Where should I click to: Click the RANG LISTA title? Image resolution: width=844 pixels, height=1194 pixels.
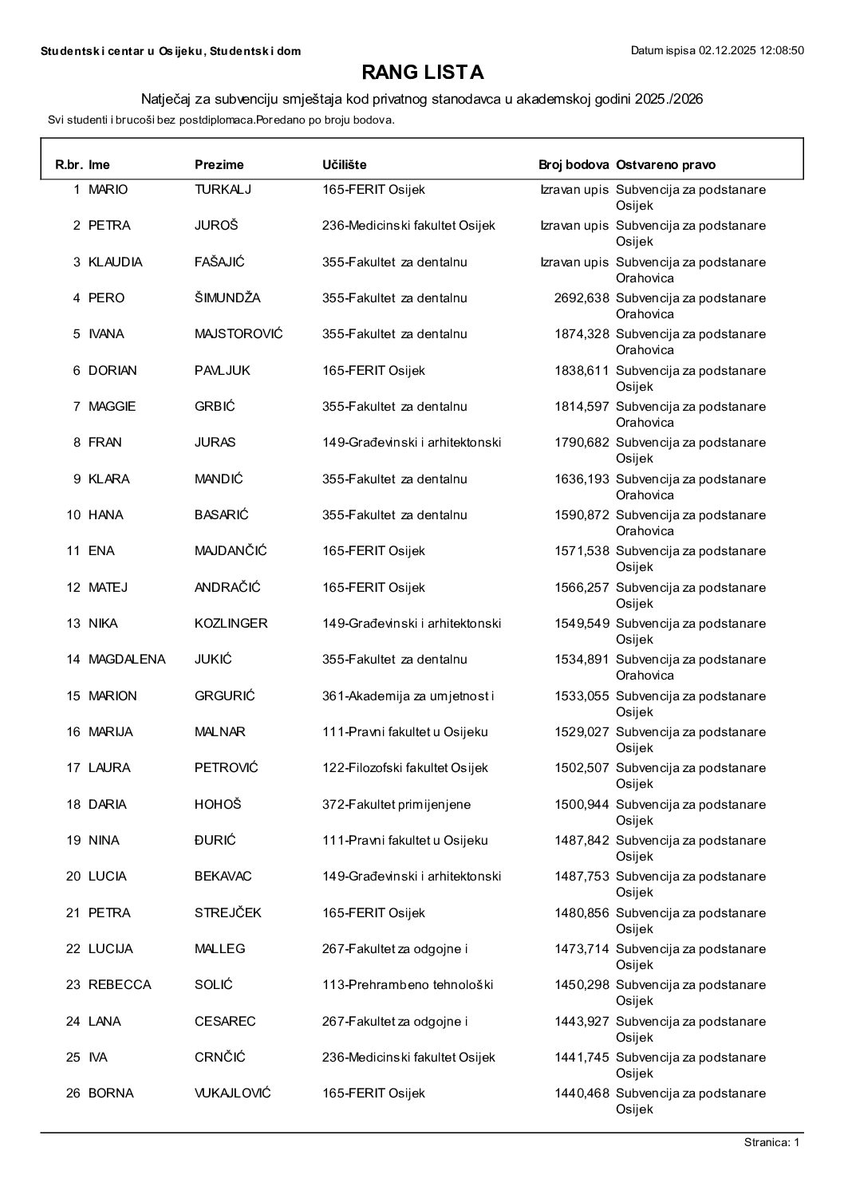click(x=422, y=73)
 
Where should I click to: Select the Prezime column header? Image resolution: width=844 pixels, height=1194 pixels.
click(x=219, y=165)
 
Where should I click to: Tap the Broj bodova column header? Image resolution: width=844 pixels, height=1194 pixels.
click(x=574, y=165)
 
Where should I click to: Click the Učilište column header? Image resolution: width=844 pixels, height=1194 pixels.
click(x=344, y=165)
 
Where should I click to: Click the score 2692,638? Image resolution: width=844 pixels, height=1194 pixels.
click(x=582, y=298)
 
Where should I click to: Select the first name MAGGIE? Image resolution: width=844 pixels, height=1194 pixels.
click(x=112, y=407)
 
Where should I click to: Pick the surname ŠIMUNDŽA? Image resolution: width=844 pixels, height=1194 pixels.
click(x=227, y=298)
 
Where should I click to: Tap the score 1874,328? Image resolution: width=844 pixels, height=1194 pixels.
click(x=582, y=334)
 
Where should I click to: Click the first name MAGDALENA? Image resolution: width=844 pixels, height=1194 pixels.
click(x=127, y=660)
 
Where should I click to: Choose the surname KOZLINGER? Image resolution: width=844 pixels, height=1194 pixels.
click(x=231, y=624)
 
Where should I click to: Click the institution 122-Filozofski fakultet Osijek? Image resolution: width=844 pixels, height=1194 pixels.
click(x=404, y=768)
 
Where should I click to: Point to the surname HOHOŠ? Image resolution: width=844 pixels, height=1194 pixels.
click(x=218, y=805)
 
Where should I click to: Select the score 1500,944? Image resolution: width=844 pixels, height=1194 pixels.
click(x=582, y=805)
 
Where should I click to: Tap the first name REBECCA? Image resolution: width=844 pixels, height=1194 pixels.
click(x=120, y=985)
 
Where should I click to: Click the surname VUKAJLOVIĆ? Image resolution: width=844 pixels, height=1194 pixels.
click(x=233, y=1094)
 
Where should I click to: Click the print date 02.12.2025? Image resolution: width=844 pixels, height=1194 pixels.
click(x=729, y=51)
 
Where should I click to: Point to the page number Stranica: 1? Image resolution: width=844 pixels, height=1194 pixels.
click(x=771, y=1144)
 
